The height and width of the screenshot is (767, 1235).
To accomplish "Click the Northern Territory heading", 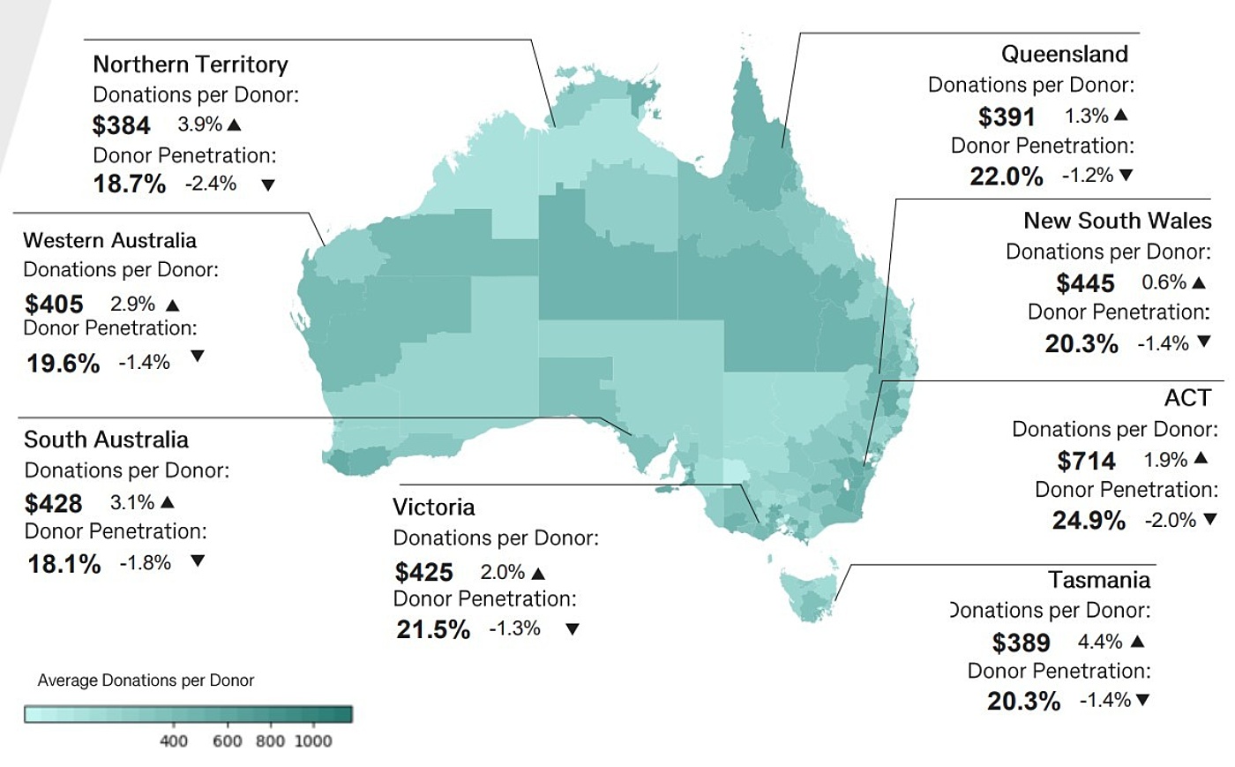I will [x=191, y=64].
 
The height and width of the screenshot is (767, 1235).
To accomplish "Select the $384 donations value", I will [x=121, y=125].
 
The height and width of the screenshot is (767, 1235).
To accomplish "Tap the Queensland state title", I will [x=1064, y=54].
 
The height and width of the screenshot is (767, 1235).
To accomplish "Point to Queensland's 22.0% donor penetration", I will [x=1006, y=177].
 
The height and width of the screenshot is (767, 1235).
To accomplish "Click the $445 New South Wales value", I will [x=1085, y=283].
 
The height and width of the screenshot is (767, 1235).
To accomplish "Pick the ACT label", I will [x=1187, y=398].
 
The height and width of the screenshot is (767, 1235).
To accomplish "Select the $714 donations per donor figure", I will [x=1086, y=461].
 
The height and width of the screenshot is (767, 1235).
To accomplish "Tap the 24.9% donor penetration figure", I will [x=1089, y=521].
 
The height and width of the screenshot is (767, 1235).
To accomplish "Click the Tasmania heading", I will [x=1099, y=580].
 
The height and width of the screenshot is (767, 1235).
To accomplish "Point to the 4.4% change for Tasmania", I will [x=1100, y=642].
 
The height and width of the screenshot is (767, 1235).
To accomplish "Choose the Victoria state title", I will [x=433, y=508].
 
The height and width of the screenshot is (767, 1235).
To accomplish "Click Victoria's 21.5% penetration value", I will [x=433, y=629].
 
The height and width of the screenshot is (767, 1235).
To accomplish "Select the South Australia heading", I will [x=106, y=440].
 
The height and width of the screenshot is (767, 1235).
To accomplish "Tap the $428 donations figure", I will [x=53, y=503].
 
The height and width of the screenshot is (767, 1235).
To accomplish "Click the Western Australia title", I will [x=109, y=240].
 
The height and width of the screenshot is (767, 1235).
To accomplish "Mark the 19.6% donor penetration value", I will [x=63, y=363].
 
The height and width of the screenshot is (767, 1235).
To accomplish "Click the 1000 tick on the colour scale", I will [x=313, y=741].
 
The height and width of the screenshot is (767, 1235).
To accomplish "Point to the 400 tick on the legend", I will [x=174, y=741].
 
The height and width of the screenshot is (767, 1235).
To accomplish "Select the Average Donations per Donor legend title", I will [x=146, y=681].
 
